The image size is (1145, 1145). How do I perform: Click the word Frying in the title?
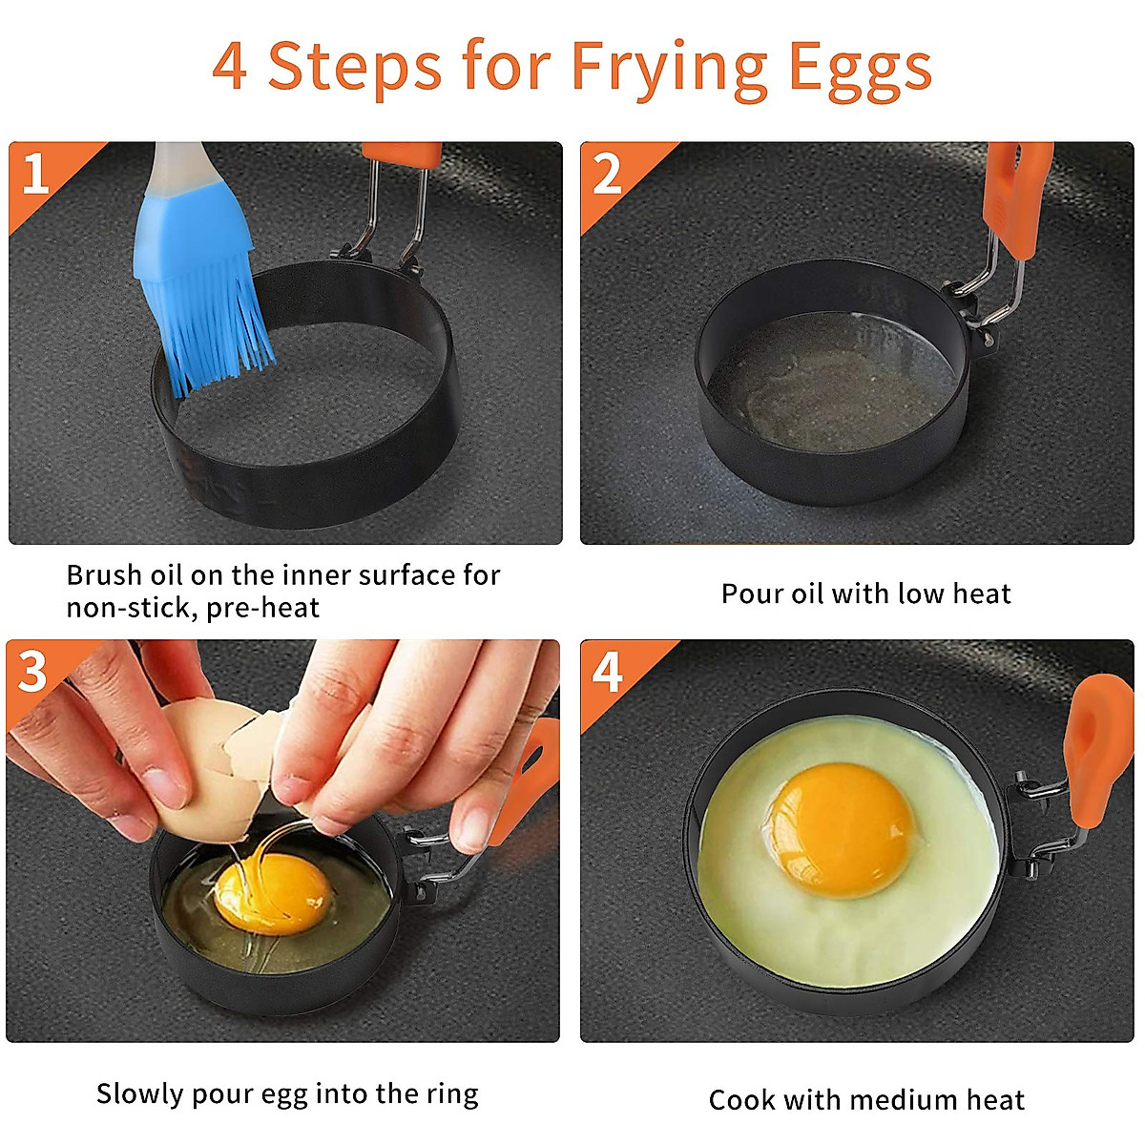668,69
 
